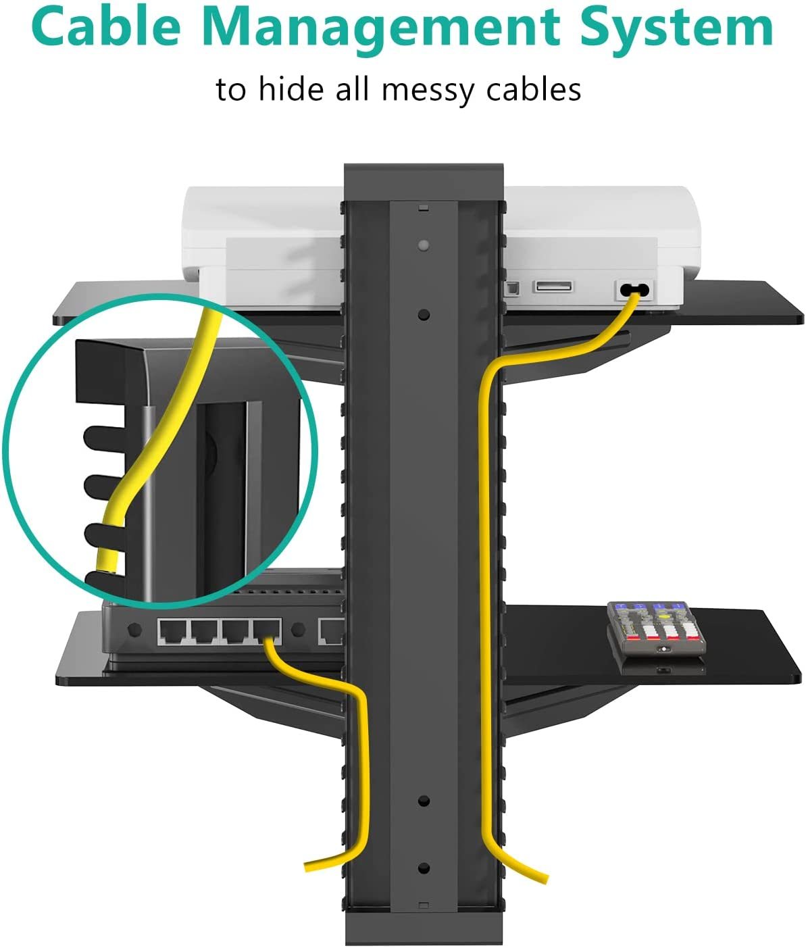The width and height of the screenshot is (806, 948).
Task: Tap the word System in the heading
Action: click(677, 31)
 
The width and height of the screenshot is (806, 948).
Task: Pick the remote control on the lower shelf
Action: click(657, 628)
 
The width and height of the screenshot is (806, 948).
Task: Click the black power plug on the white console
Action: click(634, 290)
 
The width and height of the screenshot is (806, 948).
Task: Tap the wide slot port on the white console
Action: click(553, 286)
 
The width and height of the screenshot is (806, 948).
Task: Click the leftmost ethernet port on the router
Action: click(172, 631)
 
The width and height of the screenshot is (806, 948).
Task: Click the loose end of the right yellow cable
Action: click(544, 877)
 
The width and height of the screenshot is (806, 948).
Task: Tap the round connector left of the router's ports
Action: click(134, 629)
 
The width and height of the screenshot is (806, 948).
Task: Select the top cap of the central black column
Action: click(424, 182)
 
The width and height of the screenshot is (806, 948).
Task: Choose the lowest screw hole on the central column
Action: click(424, 868)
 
